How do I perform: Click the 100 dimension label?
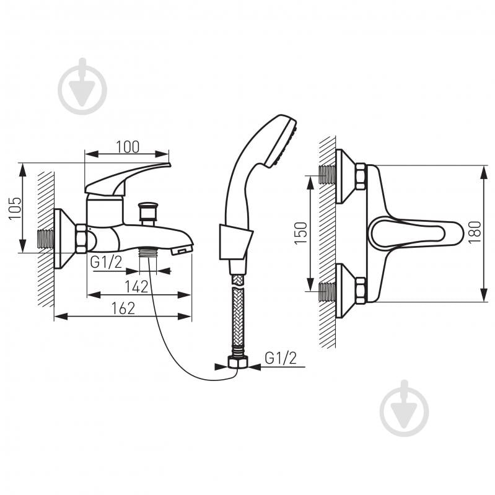point(128,147)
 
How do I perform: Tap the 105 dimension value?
point(15,208)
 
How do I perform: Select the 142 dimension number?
point(136,287)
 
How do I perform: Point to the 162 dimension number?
point(123,309)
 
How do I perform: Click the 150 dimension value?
point(301,233)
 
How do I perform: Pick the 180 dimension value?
point(475,232)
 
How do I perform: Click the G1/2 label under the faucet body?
point(106,262)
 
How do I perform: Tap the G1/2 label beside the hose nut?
point(281,358)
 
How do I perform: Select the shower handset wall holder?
point(235,242)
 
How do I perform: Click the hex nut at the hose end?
point(237,361)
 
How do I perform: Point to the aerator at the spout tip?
point(181,250)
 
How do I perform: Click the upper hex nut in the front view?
point(360,176)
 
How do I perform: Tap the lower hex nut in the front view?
point(360,291)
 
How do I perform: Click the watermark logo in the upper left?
point(83,87)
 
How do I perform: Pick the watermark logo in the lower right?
point(405,408)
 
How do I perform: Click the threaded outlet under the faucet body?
point(148,252)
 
